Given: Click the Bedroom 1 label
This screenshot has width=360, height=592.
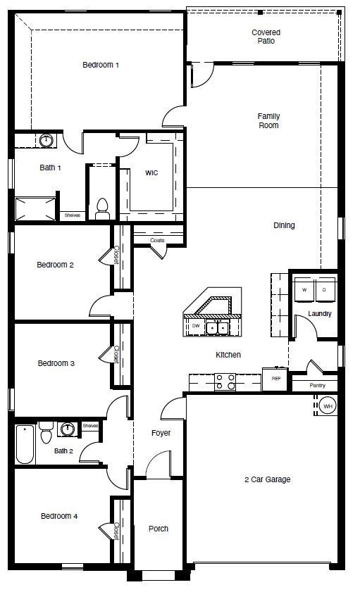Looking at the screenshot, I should (101, 65).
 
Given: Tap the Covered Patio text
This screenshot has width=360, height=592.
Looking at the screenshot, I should (266, 37).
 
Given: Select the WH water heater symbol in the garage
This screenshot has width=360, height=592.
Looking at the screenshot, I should (328, 405).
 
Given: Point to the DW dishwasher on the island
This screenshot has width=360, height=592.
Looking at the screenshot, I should (195, 327).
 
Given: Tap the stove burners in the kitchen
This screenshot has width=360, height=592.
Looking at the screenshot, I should (225, 382).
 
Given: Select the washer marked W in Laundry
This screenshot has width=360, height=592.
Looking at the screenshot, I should (304, 289).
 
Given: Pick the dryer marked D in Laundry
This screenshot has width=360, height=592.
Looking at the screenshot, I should (325, 289).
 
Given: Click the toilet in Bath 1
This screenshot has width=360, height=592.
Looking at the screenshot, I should (102, 207).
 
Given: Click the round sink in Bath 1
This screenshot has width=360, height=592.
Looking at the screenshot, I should (46, 141).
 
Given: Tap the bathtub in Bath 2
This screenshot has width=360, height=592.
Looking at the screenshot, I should (25, 443).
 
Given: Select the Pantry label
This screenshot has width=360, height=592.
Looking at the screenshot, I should (318, 386).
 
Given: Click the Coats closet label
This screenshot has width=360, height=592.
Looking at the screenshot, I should (157, 240).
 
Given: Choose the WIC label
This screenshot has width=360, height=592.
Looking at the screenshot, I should (151, 172).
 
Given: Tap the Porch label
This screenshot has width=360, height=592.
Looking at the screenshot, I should (159, 529).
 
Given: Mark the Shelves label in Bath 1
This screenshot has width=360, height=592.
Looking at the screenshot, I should (72, 215).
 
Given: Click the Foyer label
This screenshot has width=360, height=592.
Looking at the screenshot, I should (161, 433).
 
